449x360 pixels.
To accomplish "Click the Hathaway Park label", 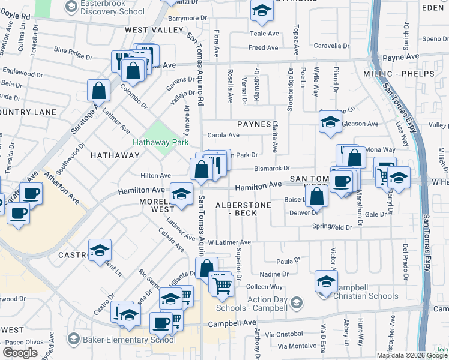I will (x=160, y=143).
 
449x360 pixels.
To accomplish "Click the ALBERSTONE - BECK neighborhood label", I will (x=245, y=208).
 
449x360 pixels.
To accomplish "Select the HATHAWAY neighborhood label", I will (x=115, y=155).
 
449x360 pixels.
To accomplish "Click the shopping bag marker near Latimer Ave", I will (x=99, y=92).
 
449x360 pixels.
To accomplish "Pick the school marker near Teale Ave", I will (x=262, y=11).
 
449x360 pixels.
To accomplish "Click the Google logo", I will (x=20, y=353).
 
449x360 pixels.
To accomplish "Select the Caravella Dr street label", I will (x=332, y=46).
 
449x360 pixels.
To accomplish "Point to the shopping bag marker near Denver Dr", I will (x=316, y=196).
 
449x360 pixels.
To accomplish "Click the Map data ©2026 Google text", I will (x=411, y=355).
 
